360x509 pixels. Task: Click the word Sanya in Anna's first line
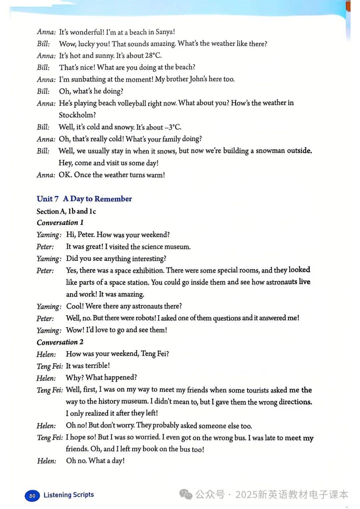click(x=164, y=32)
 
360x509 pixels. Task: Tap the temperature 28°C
click(x=153, y=55)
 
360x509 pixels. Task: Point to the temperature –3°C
click(x=173, y=127)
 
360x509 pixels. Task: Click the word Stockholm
click(x=77, y=115)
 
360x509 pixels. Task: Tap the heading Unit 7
click(x=48, y=199)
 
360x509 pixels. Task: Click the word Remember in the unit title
click(x=113, y=199)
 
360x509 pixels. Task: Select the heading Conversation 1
click(x=60, y=222)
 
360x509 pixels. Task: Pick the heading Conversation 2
click(x=60, y=342)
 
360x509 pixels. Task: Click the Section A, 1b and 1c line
click(x=66, y=211)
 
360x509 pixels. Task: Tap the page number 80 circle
click(x=32, y=496)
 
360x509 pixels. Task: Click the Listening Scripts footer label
click(x=69, y=495)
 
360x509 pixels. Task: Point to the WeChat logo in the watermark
click(x=186, y=494)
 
